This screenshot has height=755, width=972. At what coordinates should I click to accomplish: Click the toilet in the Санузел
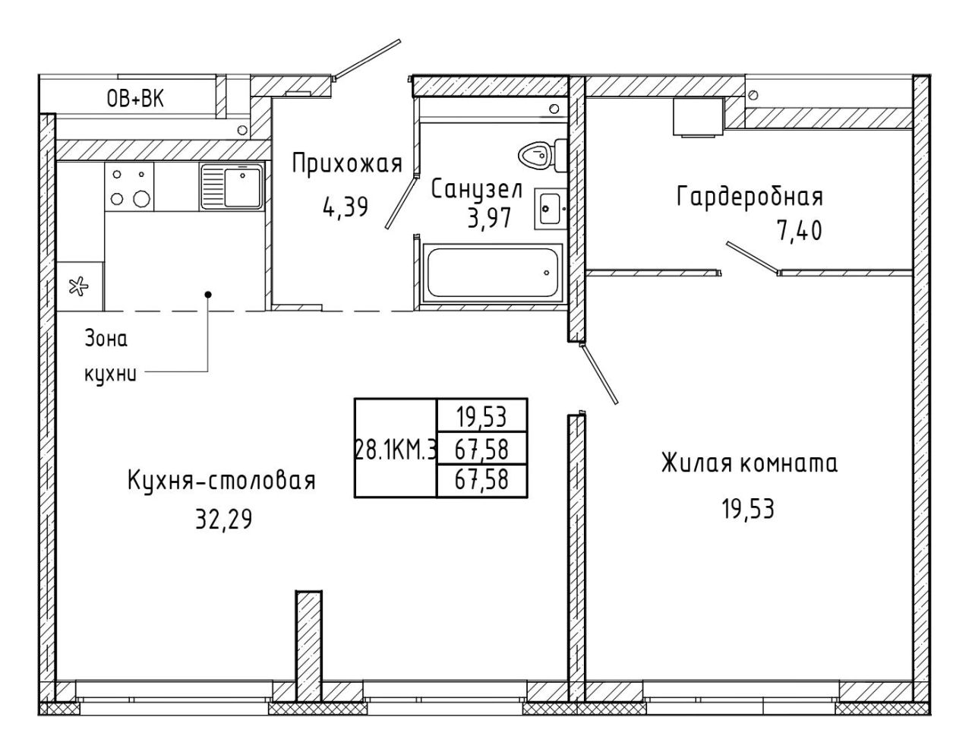[x=542, y=155]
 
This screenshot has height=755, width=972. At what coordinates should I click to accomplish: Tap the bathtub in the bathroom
[x=492, y=273]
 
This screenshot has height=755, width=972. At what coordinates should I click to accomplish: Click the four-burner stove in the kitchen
[x=129, y=186]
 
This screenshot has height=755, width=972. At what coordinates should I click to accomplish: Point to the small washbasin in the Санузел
[x=551, y=208]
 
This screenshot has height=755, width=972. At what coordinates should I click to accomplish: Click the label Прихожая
[x=347, y=163]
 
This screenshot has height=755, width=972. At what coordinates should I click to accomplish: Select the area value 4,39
[x=345, y=207]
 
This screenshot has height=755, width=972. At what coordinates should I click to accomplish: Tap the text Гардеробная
[x=750, y=197]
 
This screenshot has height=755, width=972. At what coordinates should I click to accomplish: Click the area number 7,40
[x=800, y=231]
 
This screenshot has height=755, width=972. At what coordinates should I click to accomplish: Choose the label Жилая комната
[x=750, y=463]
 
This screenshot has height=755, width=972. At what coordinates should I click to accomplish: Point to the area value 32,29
[x=224, y=519]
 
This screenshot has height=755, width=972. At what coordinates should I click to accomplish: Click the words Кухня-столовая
[x=222, y=482]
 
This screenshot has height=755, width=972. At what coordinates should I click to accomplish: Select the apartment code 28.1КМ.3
[x=396, y=449]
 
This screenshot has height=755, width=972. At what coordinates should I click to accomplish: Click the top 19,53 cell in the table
[x=481, y=417]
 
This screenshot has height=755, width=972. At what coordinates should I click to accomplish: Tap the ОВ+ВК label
[x=135, y=99]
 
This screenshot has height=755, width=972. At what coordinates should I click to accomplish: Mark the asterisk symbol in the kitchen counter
[x=77, y=286]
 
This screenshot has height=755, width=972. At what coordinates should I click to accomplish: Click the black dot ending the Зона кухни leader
[x=208, y=294]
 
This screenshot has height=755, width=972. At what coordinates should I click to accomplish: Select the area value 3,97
[x=489, y=219]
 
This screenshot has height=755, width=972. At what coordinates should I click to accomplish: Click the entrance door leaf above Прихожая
[x=368, y=59]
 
